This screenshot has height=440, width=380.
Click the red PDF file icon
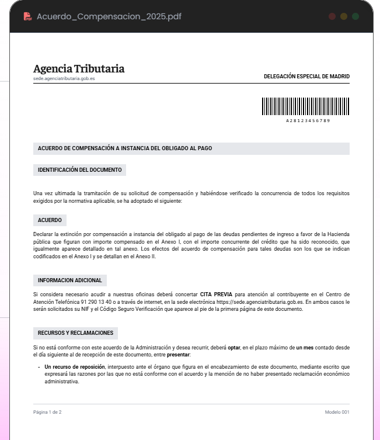pyautogui.click(x=27, y=16)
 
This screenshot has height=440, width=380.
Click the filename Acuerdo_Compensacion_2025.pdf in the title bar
pyautogui.click(x=109, y=16)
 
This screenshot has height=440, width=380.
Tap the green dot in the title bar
pyautogui.click(x=355, y=16)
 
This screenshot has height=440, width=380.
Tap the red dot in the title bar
pyautogui.click(x=332, y=16)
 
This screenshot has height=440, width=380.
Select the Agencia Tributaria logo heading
pyautogui.click(x=79, y=69)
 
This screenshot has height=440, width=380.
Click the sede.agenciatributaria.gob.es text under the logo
pyautogui.click(x=64, y=78)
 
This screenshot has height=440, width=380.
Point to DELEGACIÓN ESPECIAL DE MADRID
pyautogui.click(x=306, y=77)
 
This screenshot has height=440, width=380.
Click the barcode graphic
pyautogui.click(x=305, y=106)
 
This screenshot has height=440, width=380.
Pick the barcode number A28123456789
pyautogui.click(x=308, y=120)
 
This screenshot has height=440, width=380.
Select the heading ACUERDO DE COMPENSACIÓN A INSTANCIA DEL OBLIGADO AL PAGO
pyautogui.click(x=125, y=148)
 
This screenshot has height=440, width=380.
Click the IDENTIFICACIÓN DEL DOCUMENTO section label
pyautogui.click(x=79, y=170)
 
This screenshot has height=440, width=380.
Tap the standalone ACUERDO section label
pyautogui.click(x=50, y=220)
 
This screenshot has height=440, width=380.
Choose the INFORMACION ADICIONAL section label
pyautogui.click(x=70, y=280)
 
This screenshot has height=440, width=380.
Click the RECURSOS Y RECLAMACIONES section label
pyautogui.click(x=75, y=332)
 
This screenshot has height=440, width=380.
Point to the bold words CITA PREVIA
pyautogui.click(x=215, y=294)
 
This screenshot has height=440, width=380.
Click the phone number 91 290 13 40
pyautogui.click(x=83, y=302)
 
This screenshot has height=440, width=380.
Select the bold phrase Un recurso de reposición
pyautogui.click(x=75, y=367)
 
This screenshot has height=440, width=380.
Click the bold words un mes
pyautogui.click(x=305, y=347)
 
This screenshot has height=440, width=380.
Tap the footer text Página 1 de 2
pyautogui.click(x=47, y=413)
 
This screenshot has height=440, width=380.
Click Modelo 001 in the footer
pyautogui.click(x=337, y=413)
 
